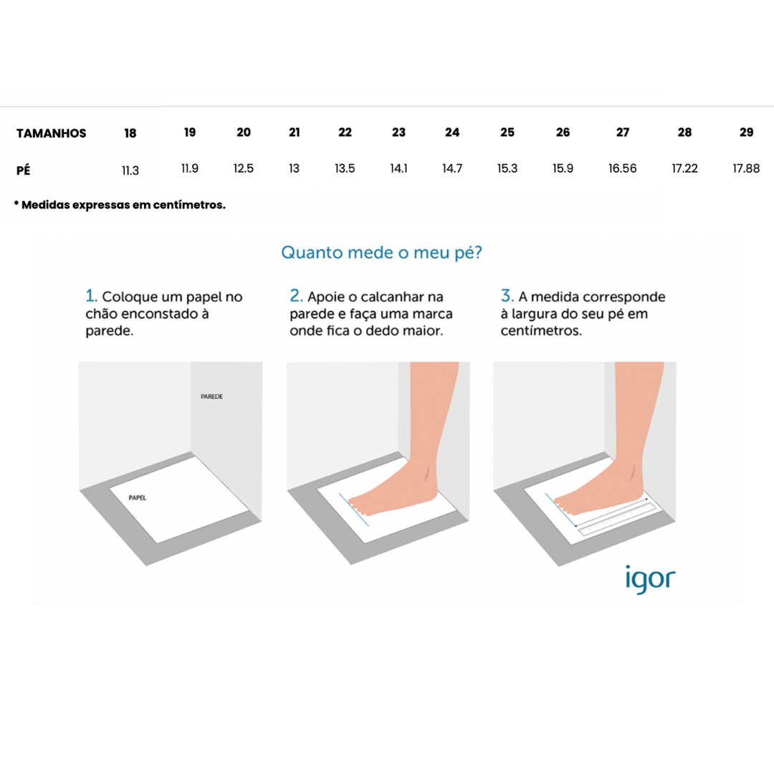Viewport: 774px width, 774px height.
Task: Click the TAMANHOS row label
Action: [x=52, y=133]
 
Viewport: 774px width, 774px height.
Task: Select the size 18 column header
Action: [x=130, y=133]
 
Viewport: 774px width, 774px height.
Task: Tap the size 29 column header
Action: [x=746, y=133]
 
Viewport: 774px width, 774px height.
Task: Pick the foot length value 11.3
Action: [x=130, y=171]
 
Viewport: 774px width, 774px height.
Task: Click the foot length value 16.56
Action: [x=623, y=169]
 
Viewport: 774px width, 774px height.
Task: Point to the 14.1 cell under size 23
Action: [x=399, y=169]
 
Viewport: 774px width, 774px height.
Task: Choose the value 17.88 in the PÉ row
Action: [x=746, y=169]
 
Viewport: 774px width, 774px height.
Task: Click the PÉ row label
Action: [x=23, y=171]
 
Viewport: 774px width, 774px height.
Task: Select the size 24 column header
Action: [x=452, y=133]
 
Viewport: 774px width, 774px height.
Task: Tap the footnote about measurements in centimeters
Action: [x=120, y=205]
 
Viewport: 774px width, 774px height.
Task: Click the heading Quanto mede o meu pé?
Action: [x=381, y=253]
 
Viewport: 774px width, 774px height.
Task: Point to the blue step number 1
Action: [x=91, y=296]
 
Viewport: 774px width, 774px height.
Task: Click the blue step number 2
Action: [x=296, y=296]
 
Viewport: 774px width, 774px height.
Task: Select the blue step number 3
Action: [x=507, y=296]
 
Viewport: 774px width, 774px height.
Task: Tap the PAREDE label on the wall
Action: [x=211, y=396]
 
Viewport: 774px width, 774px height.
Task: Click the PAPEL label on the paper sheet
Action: [x=138, y=497]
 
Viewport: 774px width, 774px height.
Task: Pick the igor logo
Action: [x=650, y=579]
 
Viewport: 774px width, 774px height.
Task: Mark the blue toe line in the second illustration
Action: [x=354, y=510]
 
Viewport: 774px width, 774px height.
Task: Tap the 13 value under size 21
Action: [x=295, y=169]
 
